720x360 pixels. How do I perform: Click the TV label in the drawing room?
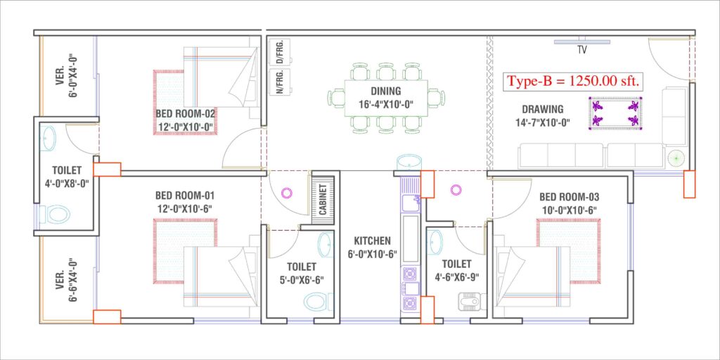(581, 50)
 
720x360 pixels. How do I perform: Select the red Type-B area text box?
(574, 82)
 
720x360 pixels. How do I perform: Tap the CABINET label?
(323, 200)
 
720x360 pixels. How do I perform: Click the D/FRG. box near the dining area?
(280, 52)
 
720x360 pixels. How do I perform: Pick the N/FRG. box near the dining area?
(280, 82)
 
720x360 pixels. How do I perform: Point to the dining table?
(386, 98)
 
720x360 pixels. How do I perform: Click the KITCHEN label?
(373, 240)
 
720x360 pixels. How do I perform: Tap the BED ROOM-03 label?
(570, 198)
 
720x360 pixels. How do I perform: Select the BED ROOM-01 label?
(185, 195)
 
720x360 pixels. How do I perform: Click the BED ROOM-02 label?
(186, 113)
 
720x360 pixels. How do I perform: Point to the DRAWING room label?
(543, 109)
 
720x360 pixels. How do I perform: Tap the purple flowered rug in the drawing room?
(615, 113)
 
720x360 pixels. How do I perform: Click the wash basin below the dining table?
(409, 163)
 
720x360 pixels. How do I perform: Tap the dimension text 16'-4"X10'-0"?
(386, 104)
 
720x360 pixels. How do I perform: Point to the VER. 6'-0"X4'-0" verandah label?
(65, 76)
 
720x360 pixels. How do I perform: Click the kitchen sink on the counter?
(410, 202)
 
